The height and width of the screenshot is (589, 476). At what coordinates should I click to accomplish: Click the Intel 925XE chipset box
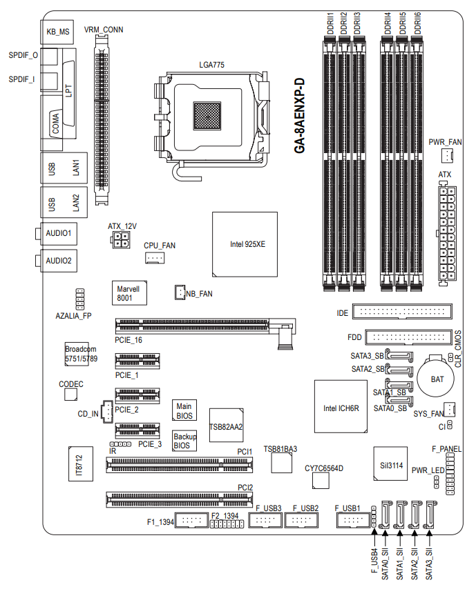click(x=245, y=245)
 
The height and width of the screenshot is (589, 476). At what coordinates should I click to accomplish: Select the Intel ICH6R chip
click(x=341, y=406)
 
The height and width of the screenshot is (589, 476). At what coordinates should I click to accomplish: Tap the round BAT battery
click(x=436, y=377)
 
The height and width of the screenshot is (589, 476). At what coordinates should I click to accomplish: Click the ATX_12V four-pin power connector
click(x=120, y=240)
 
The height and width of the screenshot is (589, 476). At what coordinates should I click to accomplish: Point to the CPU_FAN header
click(x=155, y=258)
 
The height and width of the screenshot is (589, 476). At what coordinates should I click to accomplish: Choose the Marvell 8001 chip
click(x=129, y=293)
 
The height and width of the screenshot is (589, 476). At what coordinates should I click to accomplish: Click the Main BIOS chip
click(x=184, y=410)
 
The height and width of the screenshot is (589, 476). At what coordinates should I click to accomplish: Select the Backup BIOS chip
click(x=184, y=441)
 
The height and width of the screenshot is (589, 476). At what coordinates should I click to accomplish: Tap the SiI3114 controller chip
click(x=390, y=463)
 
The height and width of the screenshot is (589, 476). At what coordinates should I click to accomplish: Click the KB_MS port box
click(x=57, y=32)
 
